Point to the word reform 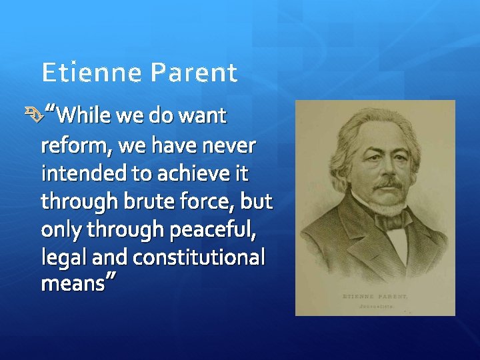tap(69, 146)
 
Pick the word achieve tap(191, 174)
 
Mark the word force tap(201, 201)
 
